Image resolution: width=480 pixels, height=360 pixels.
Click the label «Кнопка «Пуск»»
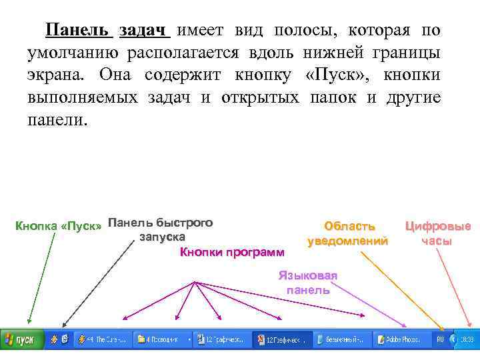coord(59,226)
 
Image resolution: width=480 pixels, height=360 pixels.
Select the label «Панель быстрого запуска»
coord(161,229)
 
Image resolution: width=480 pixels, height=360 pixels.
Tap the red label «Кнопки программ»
coord(231,252)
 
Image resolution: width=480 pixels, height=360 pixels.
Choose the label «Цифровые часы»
coord(437,234)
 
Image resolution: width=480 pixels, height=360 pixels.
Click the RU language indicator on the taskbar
coord(440,339)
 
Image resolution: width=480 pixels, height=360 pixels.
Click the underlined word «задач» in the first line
coord(145,31)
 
